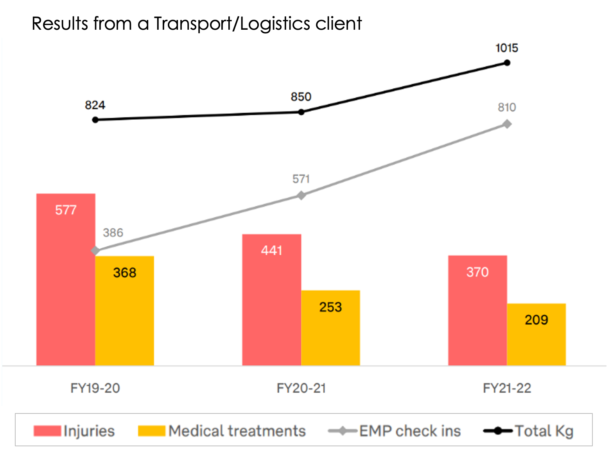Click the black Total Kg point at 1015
[507, 63]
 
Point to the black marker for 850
[301, 112]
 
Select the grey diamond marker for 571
[301, 195]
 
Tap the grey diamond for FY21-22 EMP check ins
[507, 124]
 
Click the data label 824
[95, 105]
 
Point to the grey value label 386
[113, 233]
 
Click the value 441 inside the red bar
[272, 250]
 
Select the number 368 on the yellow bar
[125, 273]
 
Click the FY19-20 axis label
[95, 388]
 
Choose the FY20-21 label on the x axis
[301, 388]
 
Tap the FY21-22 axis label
[507, 388]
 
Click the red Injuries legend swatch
[47, 431]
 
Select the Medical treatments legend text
[237, 431]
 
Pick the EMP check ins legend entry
[410, 431]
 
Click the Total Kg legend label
[544, 431]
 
